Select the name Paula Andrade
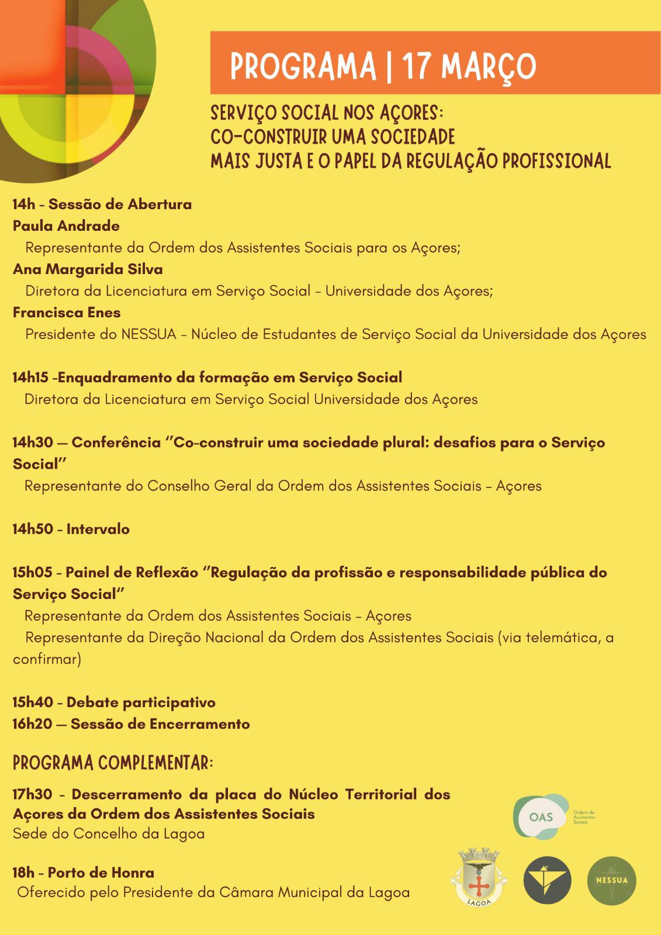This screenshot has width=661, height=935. pyautogui.click(x=66, y=226)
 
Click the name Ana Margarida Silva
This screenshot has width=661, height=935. pyautogui.click(x=88, y=269)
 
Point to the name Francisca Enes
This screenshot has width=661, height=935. pyautogui.click(x=67, y=313)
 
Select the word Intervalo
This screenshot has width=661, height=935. pyautogui.click(x=98, y=529)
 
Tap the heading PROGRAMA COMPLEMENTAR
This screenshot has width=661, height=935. pyautogui.click(x=113, y=763)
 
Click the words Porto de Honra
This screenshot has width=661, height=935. pyautogui.click(x=101, y=873)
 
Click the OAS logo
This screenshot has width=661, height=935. pyautogui.click(x=541, y=816)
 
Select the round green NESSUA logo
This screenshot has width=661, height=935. pyautogui.click(x=611, y=881)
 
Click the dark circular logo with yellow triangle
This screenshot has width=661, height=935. pyautogui.click(x=547, y=881)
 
